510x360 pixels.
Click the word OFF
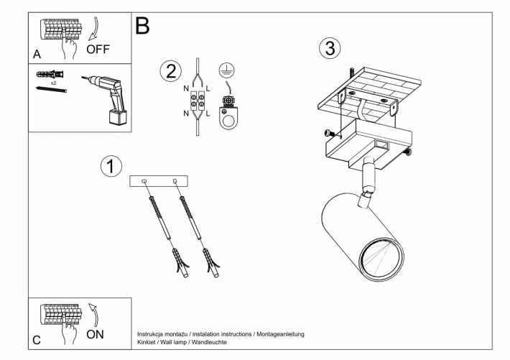coord(99,50)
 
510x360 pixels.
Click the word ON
coord(95,334)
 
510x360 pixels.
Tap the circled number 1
coord(110,167)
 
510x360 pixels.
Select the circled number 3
coord(329,48)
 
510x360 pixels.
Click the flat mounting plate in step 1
coord(158,181)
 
